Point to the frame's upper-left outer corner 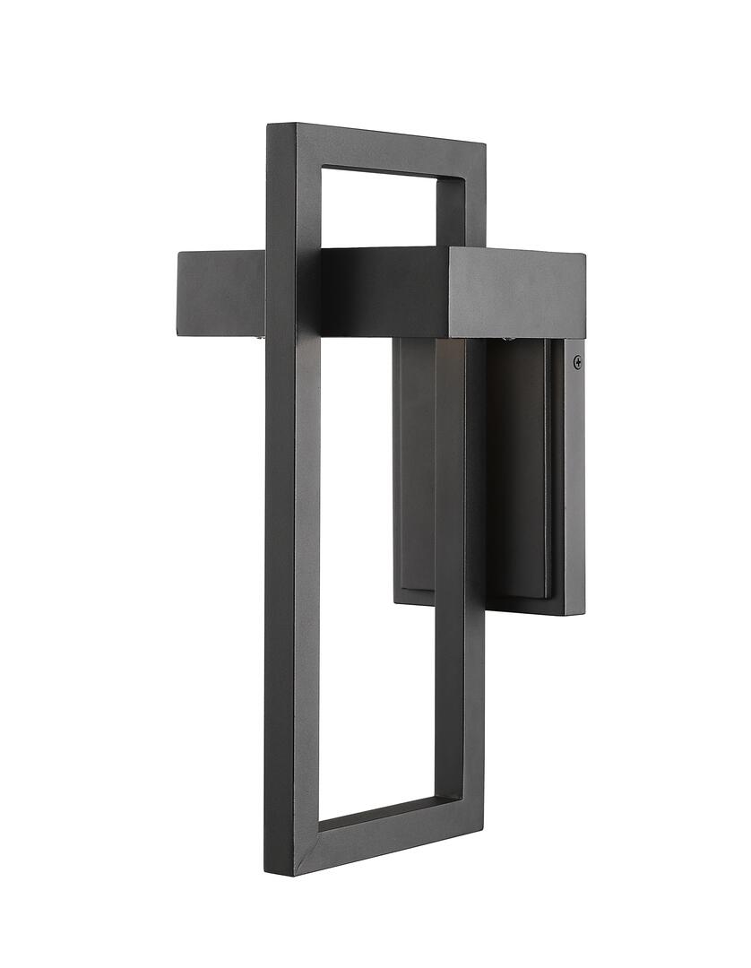point(270,125)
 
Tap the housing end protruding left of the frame point(220,291)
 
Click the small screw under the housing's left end point(259,337)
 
